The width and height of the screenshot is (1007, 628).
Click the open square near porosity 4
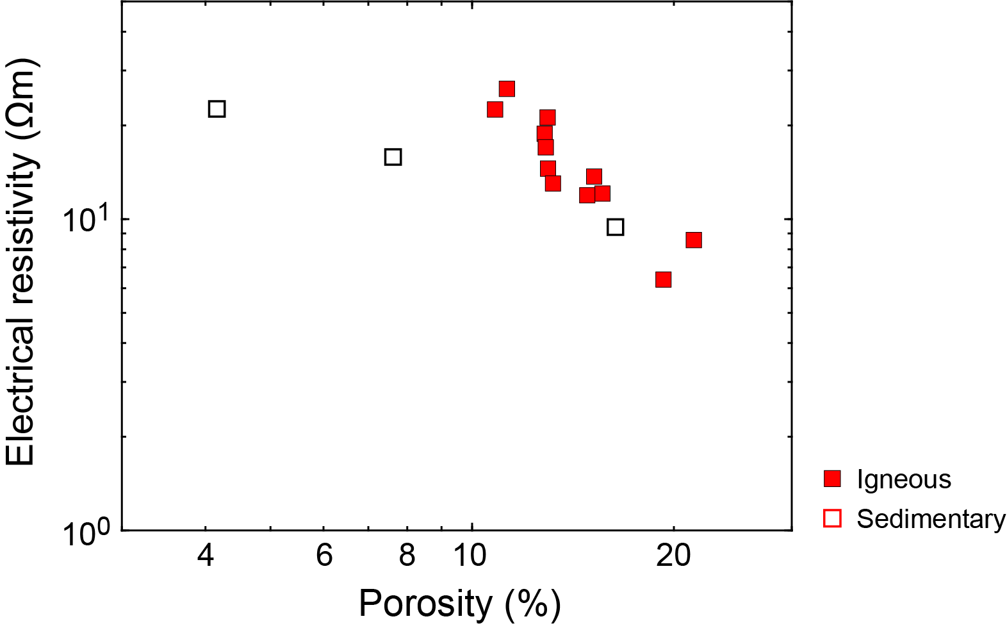pos(217,109)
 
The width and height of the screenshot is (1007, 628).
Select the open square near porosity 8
pos(393,157)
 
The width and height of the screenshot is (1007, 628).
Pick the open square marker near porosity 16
pos(615,227)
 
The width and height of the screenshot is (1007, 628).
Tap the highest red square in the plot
pos(507,89)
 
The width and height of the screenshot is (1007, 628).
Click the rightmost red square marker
pos(694,240)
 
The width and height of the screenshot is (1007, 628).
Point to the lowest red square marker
pos(663,279)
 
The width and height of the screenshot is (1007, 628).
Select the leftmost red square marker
pos(495,110)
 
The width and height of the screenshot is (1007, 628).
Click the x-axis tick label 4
pos(206,555)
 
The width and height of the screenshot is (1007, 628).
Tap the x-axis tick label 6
pos(324,555)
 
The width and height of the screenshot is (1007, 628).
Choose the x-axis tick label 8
pos(407,555)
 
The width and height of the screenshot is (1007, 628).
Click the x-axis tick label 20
pos(673,555)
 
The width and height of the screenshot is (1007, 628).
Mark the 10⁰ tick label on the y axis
pos(86,531)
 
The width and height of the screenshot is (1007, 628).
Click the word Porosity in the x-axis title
pos(425,603)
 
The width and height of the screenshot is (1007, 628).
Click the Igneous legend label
pos(904,479)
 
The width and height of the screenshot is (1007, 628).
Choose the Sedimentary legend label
pos(931,518)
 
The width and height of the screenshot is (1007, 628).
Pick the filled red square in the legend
pos(832,479)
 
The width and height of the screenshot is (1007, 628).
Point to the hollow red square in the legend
pos(832,518)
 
